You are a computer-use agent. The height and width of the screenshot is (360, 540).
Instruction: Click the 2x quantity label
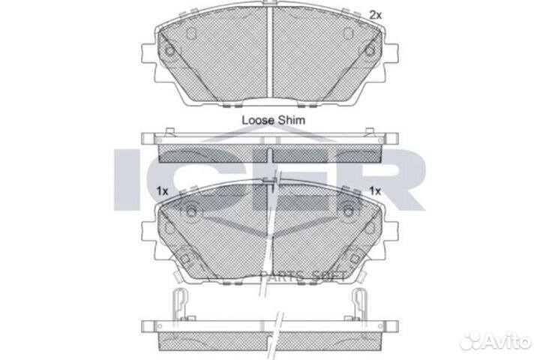(376, 14)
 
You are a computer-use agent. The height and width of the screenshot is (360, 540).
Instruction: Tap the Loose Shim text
(273, 118)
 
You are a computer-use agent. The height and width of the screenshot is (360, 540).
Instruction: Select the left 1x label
(162, 191)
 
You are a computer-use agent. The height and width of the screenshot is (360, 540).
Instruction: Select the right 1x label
(376, 191)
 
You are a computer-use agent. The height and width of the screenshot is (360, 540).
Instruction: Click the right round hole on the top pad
(370, 51)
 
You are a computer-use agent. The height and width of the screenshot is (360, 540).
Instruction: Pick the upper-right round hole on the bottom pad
(349, 212)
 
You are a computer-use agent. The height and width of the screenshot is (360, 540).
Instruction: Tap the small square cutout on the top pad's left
(188, 33)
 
